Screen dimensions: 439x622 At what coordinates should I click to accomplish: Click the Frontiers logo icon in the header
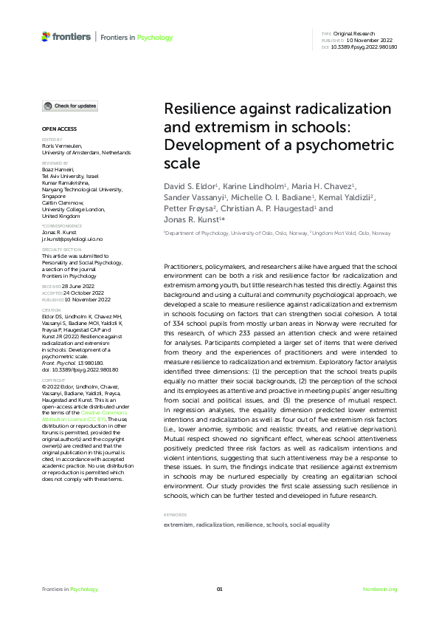(46, 36)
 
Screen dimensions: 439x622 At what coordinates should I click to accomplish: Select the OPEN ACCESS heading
(54, 129)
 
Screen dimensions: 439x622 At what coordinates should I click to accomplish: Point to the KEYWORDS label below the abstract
(174, 514)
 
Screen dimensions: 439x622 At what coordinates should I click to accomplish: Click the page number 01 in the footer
(219, 589)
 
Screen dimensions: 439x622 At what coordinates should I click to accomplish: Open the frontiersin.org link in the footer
(380, 589)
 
